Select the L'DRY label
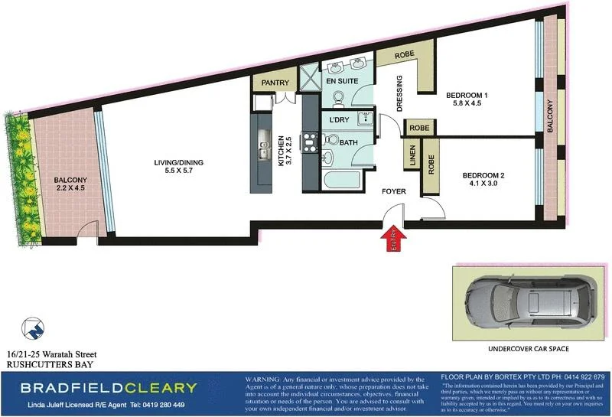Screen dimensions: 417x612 point(338,121)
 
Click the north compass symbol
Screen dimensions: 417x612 point(31,328)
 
